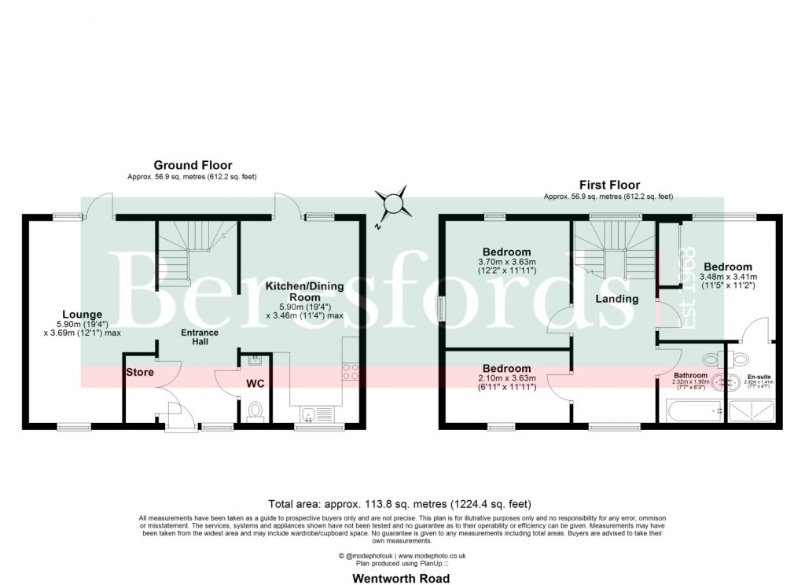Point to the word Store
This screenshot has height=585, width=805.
coord(141,372)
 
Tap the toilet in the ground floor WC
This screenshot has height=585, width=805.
coord(255,412)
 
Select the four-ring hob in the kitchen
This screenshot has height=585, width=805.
coord(350,371)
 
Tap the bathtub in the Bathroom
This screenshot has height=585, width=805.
coord(692,410)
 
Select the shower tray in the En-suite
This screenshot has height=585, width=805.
coord(752,410)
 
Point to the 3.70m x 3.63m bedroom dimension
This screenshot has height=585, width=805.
coord(507,262)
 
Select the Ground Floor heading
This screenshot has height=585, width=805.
coord(193,165)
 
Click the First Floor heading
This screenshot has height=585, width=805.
coord(609,185)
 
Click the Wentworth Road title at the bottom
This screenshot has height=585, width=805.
coord(402,579)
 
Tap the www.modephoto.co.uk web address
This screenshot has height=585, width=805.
coord(432,556)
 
